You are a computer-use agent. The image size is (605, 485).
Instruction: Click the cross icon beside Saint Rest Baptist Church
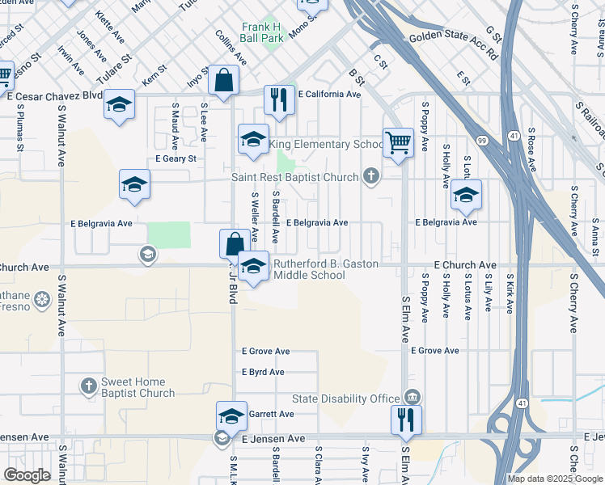371,175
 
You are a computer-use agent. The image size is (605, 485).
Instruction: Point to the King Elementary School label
326,145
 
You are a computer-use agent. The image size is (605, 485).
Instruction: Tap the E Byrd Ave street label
263,373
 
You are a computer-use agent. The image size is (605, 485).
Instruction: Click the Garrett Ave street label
271,414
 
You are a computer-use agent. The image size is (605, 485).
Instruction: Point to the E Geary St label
176,159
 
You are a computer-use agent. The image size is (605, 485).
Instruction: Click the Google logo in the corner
27,474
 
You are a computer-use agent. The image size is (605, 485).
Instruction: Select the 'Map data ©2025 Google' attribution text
555,479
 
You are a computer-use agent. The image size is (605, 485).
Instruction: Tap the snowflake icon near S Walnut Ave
41,302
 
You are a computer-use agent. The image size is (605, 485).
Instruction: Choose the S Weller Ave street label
254,217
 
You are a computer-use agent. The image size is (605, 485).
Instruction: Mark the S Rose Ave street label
531,149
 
